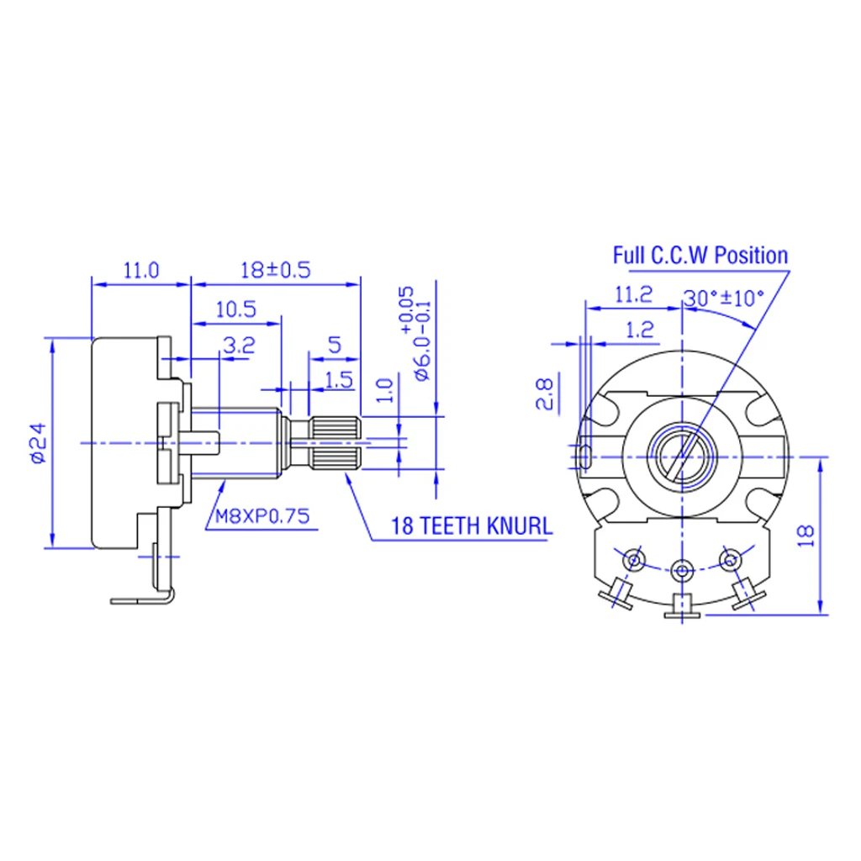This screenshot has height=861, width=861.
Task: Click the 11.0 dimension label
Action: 140,270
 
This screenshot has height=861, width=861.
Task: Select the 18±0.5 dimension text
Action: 276,270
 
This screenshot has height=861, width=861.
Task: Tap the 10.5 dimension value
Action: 235,309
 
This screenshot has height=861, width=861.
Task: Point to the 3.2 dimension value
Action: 238,345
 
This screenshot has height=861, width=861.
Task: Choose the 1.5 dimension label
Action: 338,379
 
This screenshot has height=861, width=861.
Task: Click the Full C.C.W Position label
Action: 700,255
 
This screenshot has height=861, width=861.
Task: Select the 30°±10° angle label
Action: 723,298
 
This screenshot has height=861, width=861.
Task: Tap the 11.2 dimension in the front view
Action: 633,293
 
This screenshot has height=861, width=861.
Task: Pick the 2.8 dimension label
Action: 544,394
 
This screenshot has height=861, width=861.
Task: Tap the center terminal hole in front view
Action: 682,570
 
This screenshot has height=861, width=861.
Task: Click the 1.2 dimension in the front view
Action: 640,330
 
